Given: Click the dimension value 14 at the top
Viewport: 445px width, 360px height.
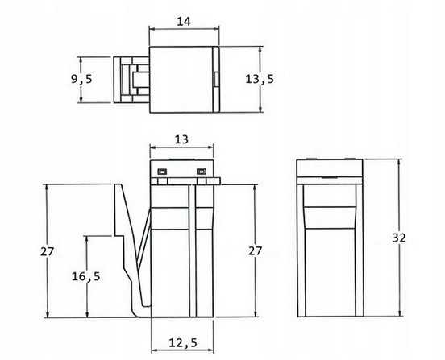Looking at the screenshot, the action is tap(184, 22).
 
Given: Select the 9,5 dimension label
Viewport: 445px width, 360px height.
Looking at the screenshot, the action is tap(81, 79).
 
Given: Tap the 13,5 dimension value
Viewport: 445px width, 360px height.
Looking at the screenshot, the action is tap(260, 79).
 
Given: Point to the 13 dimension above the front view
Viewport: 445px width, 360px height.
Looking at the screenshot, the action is tap(181, 139).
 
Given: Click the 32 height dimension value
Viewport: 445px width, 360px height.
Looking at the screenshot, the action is tap(399, 238).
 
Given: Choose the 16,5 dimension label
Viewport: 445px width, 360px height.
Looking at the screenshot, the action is tap(85, 276).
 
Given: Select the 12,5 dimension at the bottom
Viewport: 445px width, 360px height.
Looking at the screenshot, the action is tap(183, 343).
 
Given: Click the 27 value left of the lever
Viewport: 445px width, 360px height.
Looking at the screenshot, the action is tap(47, 251).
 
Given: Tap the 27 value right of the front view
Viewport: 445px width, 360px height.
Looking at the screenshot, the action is tap(255, 251).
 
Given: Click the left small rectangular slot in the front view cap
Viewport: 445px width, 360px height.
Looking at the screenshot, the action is tap(162, 172).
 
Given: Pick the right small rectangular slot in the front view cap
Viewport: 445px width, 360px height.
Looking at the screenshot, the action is tap(202, 172).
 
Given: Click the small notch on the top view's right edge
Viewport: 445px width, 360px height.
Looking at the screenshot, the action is tap(216, 79).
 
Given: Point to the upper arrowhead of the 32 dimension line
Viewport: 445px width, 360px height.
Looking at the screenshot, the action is tap(400, 162).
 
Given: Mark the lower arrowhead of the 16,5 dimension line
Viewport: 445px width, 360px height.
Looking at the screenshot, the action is tap(87, 314).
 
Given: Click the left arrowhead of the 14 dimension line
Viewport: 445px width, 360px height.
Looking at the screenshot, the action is tap(152, 28).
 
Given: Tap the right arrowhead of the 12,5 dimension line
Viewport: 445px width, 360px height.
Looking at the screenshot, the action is tap(210, 351).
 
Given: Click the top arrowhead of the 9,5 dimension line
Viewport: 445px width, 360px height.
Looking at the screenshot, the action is tap(81, 60).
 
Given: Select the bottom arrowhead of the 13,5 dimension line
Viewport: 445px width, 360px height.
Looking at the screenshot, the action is tap(260, 109).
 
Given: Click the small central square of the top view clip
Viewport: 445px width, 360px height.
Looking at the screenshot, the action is tap(141, 80).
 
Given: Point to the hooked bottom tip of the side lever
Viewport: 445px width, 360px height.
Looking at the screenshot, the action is tap(139, 315).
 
